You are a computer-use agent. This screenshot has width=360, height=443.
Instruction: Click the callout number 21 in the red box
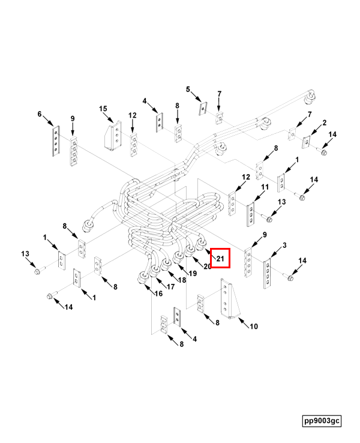pos(220,258)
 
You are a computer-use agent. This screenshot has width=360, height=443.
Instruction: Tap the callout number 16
pos(158,294)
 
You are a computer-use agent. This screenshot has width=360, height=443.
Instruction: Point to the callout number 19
pos(193,273)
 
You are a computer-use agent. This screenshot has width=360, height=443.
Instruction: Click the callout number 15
pos(103,109)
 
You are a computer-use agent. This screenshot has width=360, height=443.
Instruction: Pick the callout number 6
pos(40,114)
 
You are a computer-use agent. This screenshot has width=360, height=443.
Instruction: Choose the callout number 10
pos(254,327)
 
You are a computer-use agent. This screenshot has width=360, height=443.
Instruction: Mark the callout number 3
pos(284,246)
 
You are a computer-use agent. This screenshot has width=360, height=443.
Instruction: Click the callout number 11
pos(265,187)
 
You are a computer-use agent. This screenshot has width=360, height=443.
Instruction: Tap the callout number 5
pos(188,89)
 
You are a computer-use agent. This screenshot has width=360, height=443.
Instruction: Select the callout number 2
pos(325,122)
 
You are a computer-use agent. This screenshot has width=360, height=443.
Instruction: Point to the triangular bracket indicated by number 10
pos(230,298)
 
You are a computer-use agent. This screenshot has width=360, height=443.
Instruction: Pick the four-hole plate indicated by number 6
pos(56,140)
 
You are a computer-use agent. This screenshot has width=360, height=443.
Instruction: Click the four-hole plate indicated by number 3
pos(267,273)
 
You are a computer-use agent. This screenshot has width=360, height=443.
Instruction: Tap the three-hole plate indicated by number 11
pos(250,214)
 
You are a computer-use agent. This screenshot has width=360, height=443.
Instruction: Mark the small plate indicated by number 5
pos(203,109)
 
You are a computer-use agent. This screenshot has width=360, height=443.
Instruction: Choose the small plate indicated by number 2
pos(306,142)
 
